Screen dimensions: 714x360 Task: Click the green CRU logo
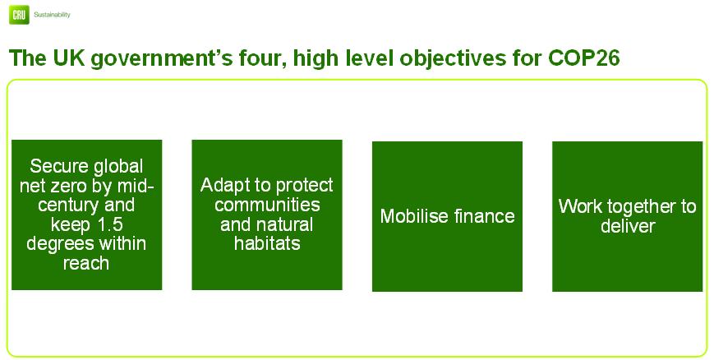point(19,15)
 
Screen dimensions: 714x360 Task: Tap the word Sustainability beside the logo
point(52,15)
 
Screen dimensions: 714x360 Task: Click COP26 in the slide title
point(583,58)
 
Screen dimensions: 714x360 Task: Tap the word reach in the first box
point(86,263)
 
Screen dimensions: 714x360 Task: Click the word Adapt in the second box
point(220,186)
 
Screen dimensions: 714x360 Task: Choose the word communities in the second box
point(267,205)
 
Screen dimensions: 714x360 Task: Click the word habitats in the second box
point(267,243)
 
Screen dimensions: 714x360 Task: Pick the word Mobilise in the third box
point(414,216)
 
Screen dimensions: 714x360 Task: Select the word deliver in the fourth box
point(628,226)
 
